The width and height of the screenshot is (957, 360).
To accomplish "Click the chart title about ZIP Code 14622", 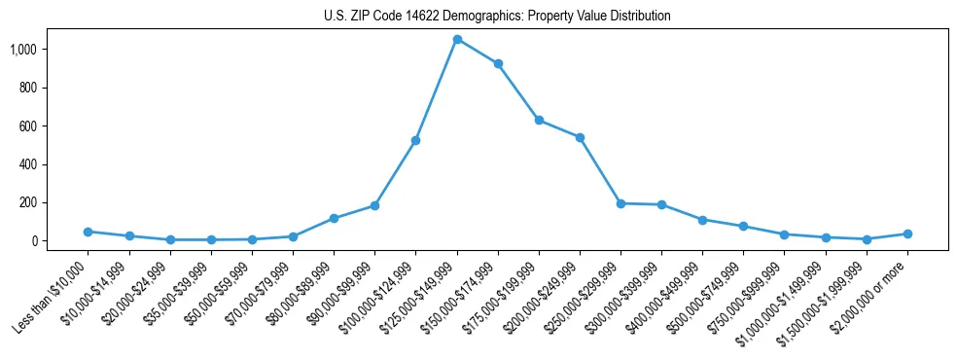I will [497, 17].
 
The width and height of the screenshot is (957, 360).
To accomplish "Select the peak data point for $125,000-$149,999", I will [457, 39].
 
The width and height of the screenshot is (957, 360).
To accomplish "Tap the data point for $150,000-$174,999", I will [498, 63].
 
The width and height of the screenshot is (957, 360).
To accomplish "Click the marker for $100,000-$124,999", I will [416, 140].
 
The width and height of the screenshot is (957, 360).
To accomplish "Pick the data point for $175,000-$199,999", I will [539, 121].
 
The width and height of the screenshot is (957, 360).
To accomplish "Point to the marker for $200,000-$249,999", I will [580, 137].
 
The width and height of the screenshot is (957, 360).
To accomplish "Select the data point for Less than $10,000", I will [88, 232].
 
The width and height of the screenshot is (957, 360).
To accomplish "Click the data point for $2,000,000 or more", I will [907, 234].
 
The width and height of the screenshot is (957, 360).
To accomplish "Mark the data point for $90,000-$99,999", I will [374, 205].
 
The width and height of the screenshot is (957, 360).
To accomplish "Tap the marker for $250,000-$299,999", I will [620, 203].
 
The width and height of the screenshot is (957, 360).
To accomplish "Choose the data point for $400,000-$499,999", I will [703, 220].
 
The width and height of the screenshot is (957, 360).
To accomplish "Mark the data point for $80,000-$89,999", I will [334, 218].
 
